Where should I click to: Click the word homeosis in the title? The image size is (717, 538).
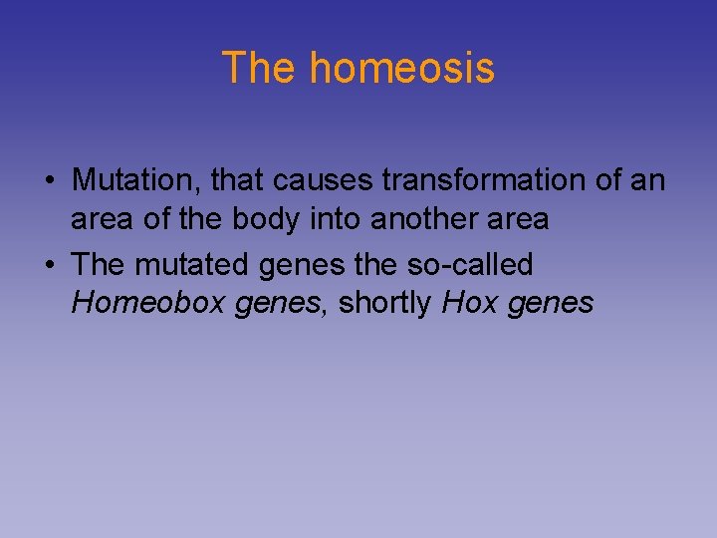click(x=401, y=68)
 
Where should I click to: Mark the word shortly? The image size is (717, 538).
click(x=385, y=303)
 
